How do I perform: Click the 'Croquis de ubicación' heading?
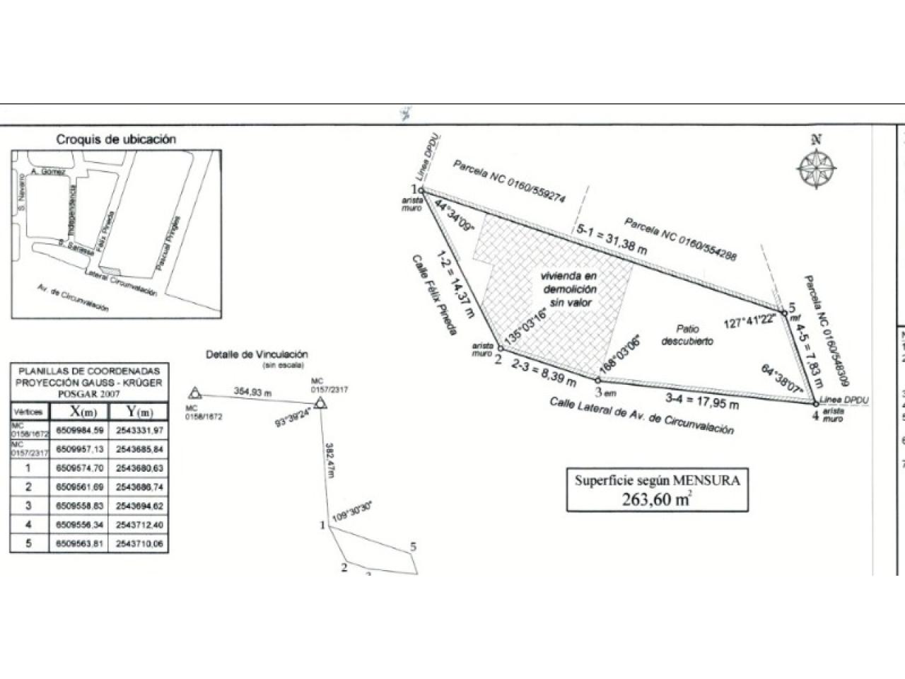point(116,139)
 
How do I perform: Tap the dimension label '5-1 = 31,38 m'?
point(612,240)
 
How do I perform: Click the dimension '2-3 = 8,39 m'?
point(544,373)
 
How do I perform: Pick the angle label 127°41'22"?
point(749,319)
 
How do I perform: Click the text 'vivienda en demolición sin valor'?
point(568,289)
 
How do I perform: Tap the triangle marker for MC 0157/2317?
point(320,403)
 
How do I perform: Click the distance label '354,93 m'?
point(253,391)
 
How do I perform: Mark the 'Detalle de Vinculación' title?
point(257,354)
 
